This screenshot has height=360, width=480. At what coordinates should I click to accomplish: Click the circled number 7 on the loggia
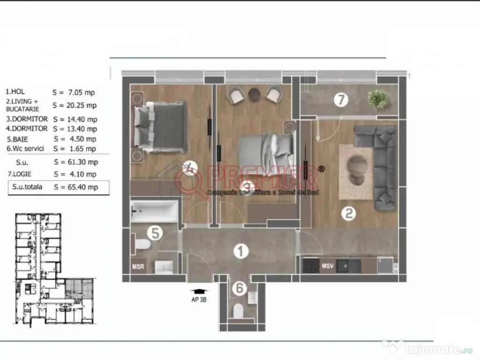pos(342,99)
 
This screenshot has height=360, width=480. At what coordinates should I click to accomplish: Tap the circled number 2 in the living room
pos(348,214)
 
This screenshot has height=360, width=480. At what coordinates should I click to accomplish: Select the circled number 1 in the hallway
pos(240,252)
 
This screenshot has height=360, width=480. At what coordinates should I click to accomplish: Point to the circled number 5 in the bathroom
pos(155,232)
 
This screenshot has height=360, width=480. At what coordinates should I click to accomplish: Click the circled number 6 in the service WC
pos(240,288)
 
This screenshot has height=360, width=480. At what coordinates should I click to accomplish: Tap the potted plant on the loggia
pos(378,99)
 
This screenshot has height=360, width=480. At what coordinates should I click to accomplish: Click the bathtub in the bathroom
pos(155,211)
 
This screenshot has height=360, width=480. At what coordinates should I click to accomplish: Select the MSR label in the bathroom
pos(137,267)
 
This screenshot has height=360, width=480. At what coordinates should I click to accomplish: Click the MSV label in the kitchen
pos(328,266)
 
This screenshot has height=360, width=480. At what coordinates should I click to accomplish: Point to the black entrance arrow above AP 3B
pos(199,291)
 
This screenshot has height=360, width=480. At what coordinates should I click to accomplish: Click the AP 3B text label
pos(199,300)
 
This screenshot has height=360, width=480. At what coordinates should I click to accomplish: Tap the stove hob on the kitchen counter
pos(310,266)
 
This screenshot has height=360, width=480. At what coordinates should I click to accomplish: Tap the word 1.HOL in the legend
pos(15,92)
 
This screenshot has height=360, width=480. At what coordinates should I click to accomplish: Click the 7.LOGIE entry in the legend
pos(19,174)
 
